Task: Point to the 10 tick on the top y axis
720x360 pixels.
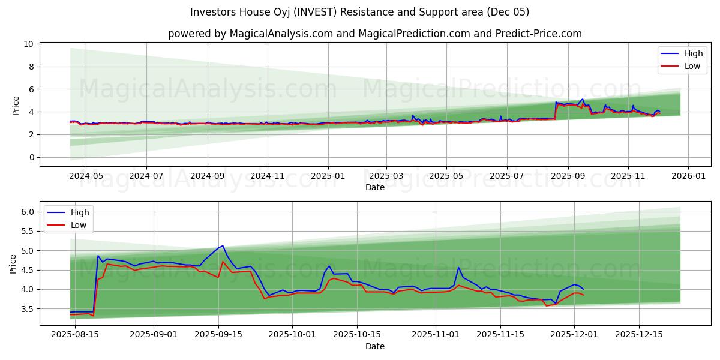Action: click(28, 44)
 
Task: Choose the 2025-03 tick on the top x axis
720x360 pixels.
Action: click(386, 177)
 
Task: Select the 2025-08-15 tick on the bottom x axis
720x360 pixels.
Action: click(75, 335)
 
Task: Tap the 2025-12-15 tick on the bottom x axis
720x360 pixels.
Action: click(638, 335)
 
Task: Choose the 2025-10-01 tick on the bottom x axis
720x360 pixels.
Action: click(292, 335)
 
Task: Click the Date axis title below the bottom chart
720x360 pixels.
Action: click(374, 346)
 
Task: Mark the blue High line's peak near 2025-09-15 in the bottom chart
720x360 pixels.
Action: click(223, 245)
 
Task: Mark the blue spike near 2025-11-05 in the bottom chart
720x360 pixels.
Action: click(458, 268)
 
